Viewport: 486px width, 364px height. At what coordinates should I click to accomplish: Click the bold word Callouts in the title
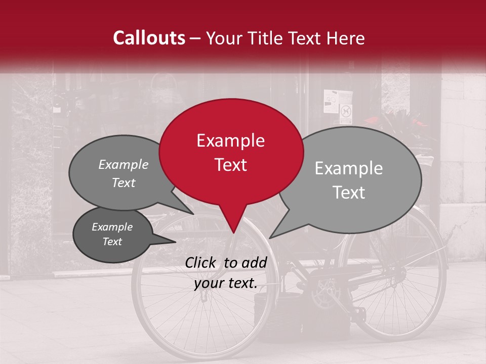pos(149,38)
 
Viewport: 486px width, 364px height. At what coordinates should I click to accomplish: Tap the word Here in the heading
pos(346,38)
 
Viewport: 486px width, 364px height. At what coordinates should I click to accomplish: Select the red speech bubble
pos(231,152)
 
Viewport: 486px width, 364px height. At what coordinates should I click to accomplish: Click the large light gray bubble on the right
pos(354,179)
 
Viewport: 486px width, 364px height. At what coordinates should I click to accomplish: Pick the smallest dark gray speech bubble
pos(112,235)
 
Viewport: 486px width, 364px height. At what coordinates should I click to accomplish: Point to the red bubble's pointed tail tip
pos(233,233)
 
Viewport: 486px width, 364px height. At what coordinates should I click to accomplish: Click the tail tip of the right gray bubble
pos(270,238)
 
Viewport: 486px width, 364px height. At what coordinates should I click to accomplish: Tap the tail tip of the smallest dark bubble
pos(175,242)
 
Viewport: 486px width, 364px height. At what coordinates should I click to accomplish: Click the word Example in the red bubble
pos(230,141)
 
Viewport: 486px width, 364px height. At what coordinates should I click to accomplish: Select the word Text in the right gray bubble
pos(349,193)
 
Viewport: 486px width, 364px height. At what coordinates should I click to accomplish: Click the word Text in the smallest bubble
pos(112,242)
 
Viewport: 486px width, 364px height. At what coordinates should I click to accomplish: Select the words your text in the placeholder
pos(225,284)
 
